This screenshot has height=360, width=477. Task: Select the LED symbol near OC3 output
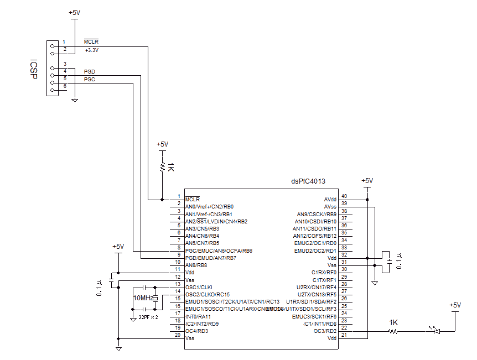click(435, 331)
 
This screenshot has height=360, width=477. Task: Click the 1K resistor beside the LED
click(393, 331)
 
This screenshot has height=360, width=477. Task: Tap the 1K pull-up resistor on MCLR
click(162, 166)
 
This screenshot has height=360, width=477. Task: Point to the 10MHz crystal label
click(143, 298)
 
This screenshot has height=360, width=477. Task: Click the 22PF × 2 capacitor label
click(148, 318)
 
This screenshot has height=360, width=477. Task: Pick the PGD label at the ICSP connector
click(89, 72)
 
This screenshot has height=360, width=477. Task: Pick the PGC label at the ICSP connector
click(89, 80)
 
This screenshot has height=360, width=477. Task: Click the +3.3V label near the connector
click(92, 50)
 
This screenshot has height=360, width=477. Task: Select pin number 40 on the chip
click(344, 196)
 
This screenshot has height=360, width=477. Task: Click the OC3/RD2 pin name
click(324, 331)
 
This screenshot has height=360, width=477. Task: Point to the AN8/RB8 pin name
click(196, 265)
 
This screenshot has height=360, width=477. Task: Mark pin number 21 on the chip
click(344, 334)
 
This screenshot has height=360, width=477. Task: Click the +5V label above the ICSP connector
click(74, 12)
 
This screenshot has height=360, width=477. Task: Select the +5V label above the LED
click(454, 305)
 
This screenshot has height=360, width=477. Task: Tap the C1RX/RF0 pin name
click(324, 272)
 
